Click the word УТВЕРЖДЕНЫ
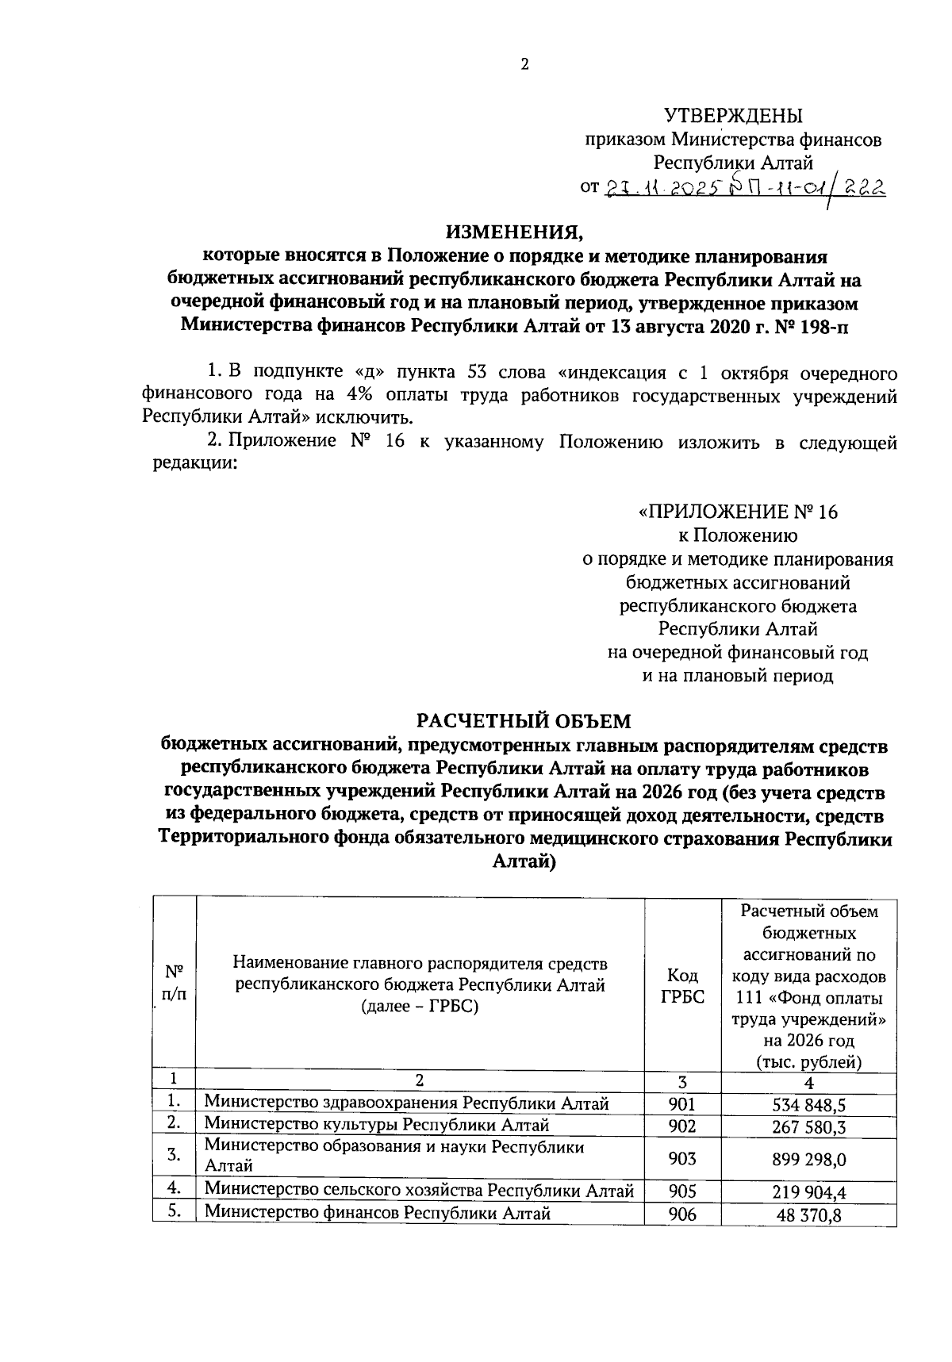coord(732,116)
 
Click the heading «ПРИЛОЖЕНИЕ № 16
coord(738,512)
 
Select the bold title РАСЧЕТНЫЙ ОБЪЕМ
coord(524,721)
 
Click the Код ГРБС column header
coord(682,986)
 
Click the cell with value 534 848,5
coord(809,1104)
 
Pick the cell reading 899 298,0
coord(809,1159)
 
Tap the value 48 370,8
coord(809,1214)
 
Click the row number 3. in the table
coord(175,1155)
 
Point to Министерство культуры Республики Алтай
coord(377,1125)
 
